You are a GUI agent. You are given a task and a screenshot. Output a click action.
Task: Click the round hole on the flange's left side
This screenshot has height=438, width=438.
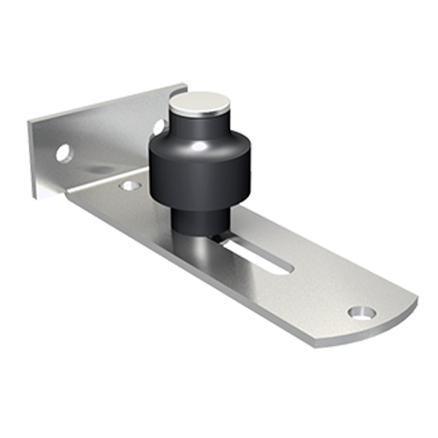pyautogui.click(x=64, y=153)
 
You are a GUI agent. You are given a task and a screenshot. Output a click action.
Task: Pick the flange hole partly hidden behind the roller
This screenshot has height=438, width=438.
pyautogui.click(x=158, y=126)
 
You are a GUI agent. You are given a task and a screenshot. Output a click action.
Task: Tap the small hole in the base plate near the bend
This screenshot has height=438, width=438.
pyautogui.click(x=130, y=185)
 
